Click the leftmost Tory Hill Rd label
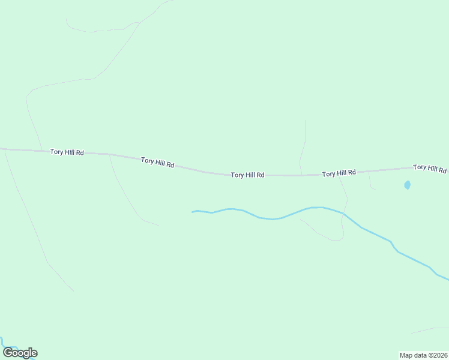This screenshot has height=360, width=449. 66,152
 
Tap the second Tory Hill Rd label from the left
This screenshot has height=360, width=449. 157,162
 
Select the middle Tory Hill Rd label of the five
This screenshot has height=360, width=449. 247,175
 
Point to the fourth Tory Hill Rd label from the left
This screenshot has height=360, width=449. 339,173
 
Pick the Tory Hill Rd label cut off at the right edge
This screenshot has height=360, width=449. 430,168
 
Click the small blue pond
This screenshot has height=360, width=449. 408,185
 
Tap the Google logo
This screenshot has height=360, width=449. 20,353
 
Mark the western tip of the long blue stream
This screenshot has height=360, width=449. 193,212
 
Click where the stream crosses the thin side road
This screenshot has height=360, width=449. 344,213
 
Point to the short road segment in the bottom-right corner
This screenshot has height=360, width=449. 430,330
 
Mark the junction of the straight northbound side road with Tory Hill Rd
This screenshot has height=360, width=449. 302,175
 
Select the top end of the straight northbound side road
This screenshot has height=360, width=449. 305,121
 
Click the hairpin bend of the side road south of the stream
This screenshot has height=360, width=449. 340,239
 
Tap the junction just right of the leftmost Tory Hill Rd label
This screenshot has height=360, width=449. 109,154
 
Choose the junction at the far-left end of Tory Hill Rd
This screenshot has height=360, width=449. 5,149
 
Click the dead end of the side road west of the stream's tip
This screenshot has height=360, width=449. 159,225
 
